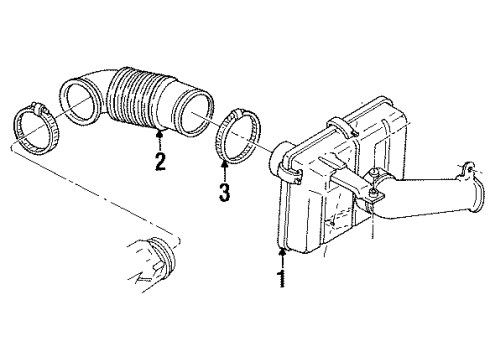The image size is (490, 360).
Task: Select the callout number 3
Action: (x=223, y=191)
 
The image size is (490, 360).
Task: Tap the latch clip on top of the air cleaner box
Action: (x=338, y=124)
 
